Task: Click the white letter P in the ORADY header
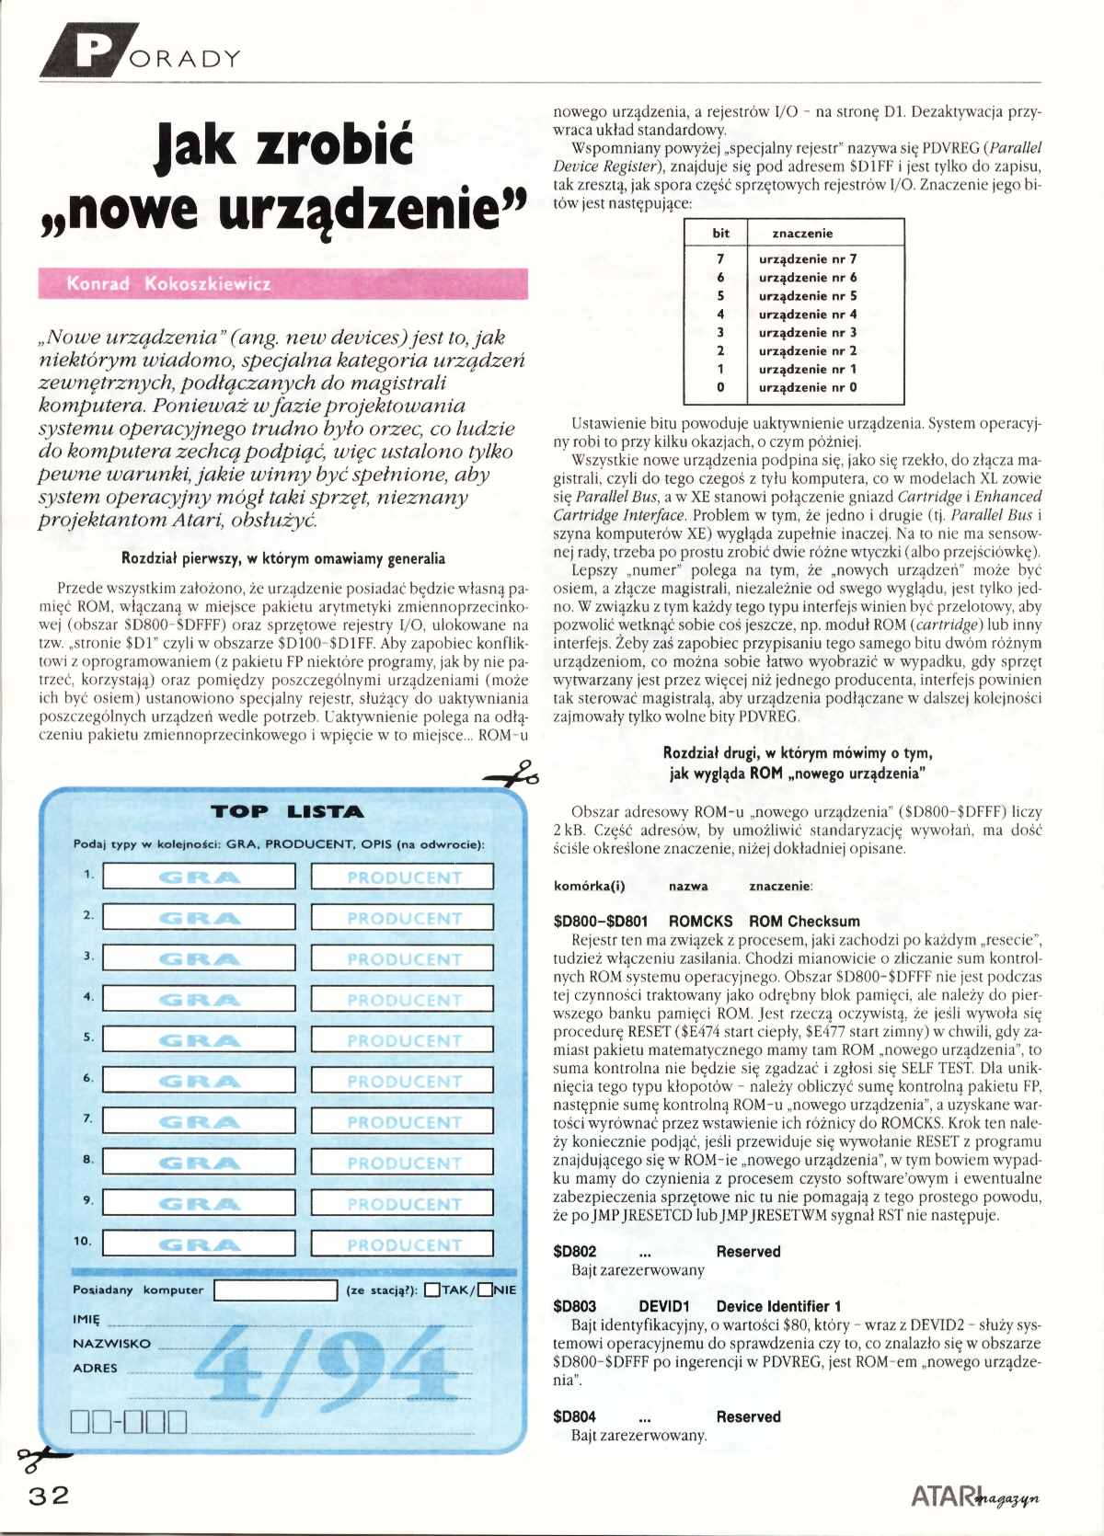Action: [95, 51]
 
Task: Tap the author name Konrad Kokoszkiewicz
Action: [168, 283]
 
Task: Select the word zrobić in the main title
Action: [335, 146]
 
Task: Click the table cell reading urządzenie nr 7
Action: [807, 259]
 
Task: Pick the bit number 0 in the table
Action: [720, 387]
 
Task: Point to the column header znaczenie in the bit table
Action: [801, 234]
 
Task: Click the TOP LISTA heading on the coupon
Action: [287, 811]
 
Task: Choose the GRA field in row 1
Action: [199, 877]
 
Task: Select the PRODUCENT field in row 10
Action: [403, 1244]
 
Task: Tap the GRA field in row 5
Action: [199, 1040]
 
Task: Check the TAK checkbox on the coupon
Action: [432, 1290]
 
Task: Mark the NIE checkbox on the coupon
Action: [485, 1290]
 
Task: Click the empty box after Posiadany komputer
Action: [275, 1290]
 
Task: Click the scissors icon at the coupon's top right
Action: [514, 774]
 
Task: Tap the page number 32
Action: [48, 1495]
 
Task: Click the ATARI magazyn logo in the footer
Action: [974, 1496]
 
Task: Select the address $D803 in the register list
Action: [574, 1306]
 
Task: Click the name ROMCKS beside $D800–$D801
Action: [700, 921]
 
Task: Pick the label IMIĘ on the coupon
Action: [86, 1319]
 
